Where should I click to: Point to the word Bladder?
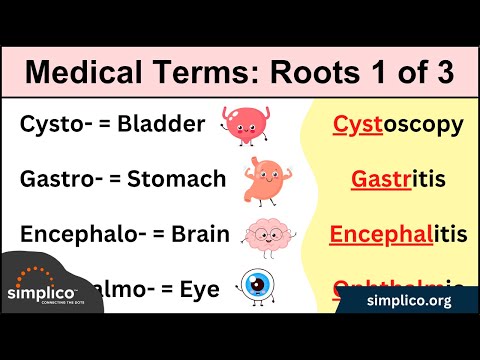click(x=161, y=125)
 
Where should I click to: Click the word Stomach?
click(x=178, y=180)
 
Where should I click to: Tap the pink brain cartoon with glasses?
click(x=264, y=235)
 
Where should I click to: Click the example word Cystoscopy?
click(x=397, y=125)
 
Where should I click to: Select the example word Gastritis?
click(x=397, y=180)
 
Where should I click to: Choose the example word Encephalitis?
click(x=397, y=235)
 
